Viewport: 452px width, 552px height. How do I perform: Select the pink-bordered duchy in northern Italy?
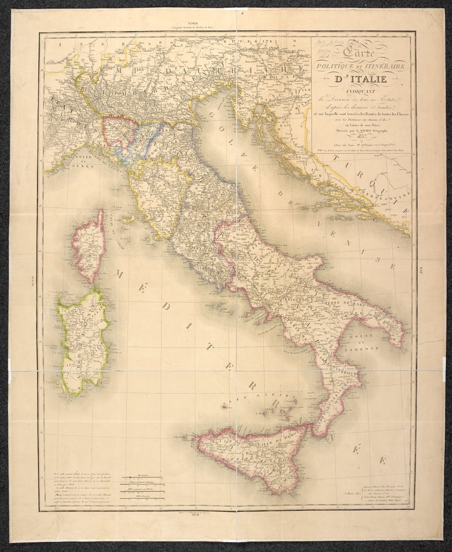click(119, 132)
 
